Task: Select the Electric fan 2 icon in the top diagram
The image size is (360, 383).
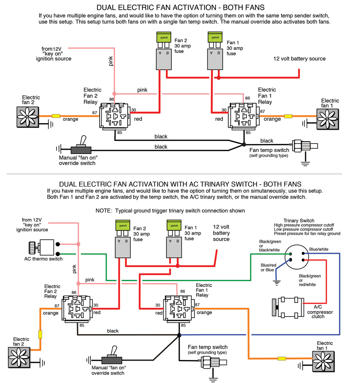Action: coord(27,116)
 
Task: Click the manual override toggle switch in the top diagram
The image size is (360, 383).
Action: coord(81,148)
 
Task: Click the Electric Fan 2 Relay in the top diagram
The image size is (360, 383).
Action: coord(115,116)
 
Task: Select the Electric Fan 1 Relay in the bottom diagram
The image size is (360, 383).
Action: coord(179,308)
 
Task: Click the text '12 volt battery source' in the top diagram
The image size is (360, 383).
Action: coord(299,59)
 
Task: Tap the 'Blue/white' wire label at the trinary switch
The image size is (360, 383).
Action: coord(319,249)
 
